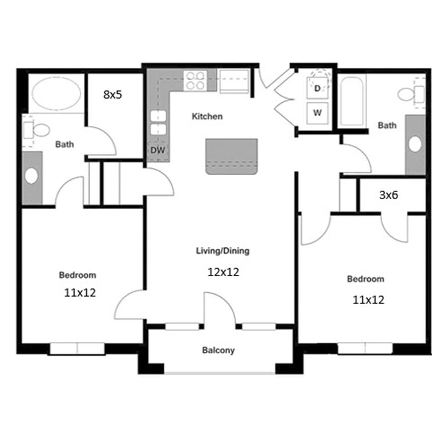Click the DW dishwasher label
158,150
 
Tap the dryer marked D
317,88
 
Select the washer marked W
317,113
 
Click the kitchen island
231,156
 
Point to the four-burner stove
196,81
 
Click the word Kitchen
207,116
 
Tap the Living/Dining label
223,251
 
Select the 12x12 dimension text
223,272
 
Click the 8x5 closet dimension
112,94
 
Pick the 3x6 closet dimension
389,195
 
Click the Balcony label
219,350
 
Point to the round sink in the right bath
415,144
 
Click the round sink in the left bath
31,176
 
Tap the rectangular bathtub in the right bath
352,101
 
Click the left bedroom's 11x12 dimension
80,293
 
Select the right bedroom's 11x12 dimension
368,300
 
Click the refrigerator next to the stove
234,81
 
